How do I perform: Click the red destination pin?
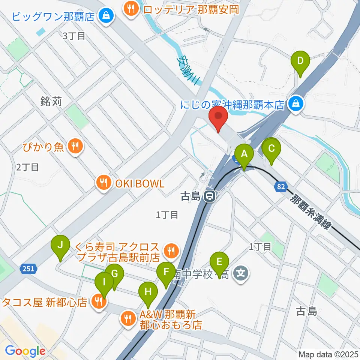point(218,118)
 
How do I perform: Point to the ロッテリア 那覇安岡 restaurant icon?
point(131,8)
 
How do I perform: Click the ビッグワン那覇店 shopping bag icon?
point(106,16)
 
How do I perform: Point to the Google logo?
point(25,351)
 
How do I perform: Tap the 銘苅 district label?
point(51,102)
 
